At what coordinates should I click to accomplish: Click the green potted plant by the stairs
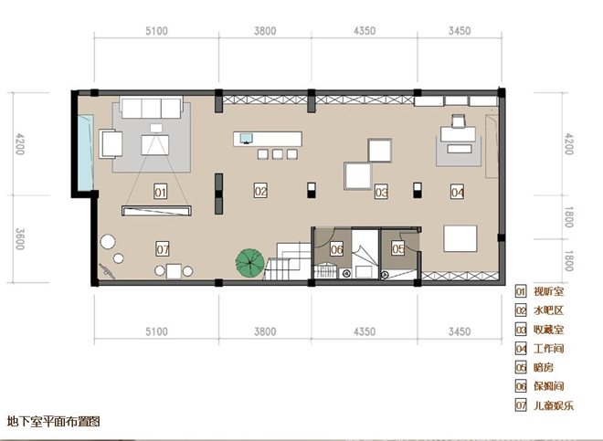[x=249, y=263]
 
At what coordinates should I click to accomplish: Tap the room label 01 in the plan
[x=161, y=192]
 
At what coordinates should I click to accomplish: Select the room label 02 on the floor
[x=260, y=191]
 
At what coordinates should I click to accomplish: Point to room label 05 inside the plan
[x=398, y=248]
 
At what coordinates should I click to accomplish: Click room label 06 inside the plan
[x=336, y=249]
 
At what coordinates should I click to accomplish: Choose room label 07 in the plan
[x=163, y=249]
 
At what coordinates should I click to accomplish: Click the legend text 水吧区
[x=548, y=310]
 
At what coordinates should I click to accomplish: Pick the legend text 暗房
[x=544, y=368]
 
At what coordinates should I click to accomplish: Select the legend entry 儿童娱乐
[x=554, y=405]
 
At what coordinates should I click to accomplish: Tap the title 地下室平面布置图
[x=54, y=422]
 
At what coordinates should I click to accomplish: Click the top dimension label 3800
[x=265, y=31]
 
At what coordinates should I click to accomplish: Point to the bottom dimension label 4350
[x=365, y=331]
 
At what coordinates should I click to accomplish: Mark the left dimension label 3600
[x=20, y=239]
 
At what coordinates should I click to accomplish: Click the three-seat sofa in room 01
[x=152, y=108]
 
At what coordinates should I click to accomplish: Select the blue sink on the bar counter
[x=246, y=138]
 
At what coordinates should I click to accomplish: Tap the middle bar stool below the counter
[x=277, y=154]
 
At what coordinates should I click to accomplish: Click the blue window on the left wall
[x=85, y=152]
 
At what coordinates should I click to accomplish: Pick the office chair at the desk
[x=458, y=121]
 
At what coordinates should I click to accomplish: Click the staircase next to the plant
[x=288, y=261]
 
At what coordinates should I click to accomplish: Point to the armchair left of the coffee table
[x=111, y=143]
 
